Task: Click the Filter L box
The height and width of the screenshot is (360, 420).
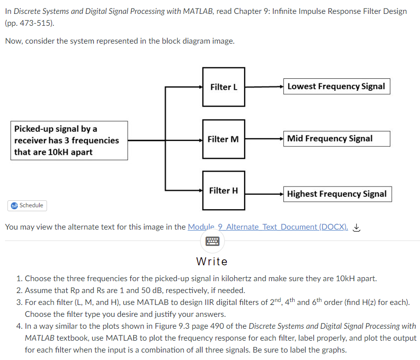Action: pos(223,87)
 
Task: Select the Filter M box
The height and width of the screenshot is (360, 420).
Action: pos(223,139)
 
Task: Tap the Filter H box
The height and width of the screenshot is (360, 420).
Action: pos(223,190)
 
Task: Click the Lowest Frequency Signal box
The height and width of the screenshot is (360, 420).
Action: pos(336,86)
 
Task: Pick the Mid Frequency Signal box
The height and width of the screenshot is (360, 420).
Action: pos(336,138)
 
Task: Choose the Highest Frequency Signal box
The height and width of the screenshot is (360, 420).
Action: pos(337,194)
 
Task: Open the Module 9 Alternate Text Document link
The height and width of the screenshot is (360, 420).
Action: pos(267,227)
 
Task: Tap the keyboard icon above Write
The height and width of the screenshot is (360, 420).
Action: pos(212,241)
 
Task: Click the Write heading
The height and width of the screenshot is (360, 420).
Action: pos(212,261)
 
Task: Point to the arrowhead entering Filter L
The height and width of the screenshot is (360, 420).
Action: pos(200,87)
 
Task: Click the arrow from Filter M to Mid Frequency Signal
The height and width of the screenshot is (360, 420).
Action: pos(263,138)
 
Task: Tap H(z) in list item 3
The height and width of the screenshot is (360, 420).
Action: pos(384,302)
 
